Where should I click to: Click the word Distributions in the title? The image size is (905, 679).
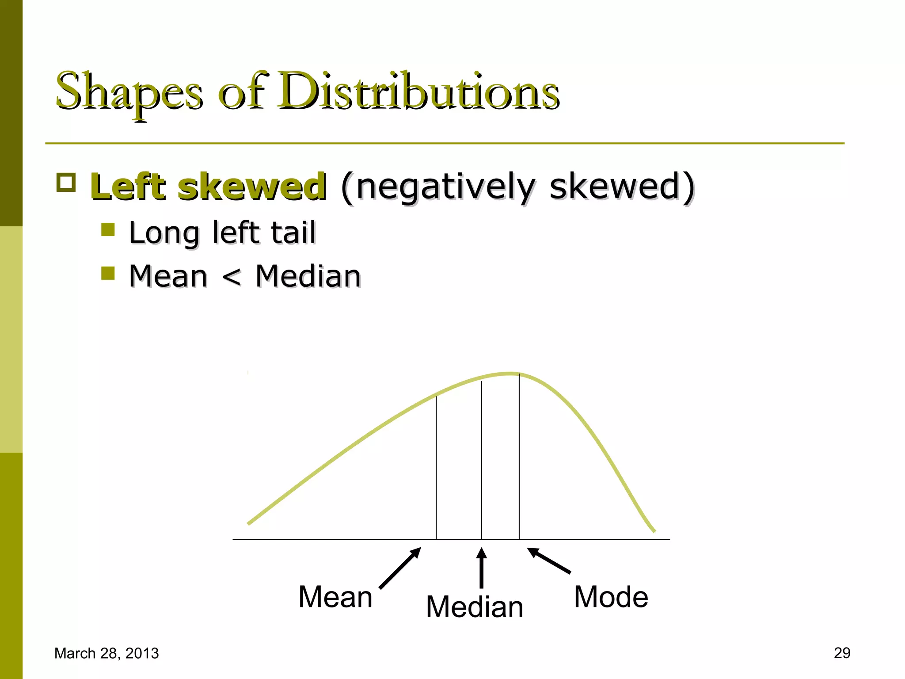(418, 91)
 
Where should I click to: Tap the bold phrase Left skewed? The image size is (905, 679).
(208, 187)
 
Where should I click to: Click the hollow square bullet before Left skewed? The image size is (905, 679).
(66, 182)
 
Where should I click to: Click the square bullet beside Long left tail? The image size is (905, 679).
(108, 230)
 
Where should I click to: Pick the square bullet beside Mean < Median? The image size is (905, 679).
(108, 273)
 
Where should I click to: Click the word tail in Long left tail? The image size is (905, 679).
(293, 233)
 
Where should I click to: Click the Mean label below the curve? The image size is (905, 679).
(335, 597)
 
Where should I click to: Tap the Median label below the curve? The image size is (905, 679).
(475, 607)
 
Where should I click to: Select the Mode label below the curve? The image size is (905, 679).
(611, 597)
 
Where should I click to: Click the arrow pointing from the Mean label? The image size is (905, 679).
(400, 568)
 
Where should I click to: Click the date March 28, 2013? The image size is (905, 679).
(106, 653)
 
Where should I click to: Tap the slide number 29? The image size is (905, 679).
(842, 653)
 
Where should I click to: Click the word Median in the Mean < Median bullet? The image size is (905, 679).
(308, 277)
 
